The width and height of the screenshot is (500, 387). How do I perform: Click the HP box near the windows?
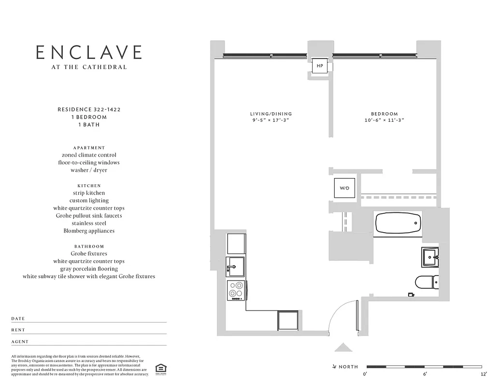click(320, 65)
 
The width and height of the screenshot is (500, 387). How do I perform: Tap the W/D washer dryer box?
click(344, 188)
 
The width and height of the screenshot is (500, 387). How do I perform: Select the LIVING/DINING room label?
click(271, 114)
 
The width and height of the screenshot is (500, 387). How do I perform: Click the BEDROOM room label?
click(384, 114)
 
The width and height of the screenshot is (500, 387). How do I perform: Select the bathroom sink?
click(429, 256)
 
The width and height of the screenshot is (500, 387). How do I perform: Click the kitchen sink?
click(236, 267)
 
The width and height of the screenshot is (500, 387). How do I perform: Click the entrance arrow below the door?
click(343, 347)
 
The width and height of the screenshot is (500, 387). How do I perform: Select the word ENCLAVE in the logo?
click(89, 52)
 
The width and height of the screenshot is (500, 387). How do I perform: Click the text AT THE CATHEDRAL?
click(89, 67)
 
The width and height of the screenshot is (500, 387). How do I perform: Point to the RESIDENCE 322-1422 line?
click(89, 110)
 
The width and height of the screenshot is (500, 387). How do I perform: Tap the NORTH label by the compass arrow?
click(348, 367)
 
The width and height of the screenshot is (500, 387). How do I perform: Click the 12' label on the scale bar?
click(484, 374)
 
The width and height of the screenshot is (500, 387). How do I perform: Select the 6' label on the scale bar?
click(425, 374)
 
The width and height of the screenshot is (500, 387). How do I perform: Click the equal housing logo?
click(159, 369)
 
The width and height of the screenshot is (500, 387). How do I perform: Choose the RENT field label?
click(18, 330)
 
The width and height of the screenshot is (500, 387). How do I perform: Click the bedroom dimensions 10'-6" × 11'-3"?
click(384, 120)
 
